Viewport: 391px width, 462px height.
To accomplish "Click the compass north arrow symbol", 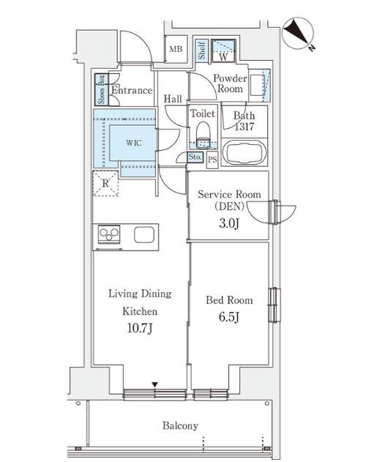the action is [x=298, y=34].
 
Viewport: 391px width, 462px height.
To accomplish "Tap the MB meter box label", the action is [x=176, y=49].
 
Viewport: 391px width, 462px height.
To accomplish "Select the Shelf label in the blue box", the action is [x=202, y=51].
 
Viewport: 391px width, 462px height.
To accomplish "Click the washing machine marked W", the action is [x=223, y=51].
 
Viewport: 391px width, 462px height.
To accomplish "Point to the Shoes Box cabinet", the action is [x=102, y=89].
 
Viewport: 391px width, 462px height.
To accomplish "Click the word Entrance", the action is [x=132, y=90].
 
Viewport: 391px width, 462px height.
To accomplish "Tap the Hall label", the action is [x=173, y=99].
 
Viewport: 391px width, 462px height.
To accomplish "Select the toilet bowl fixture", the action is [x=203, y=135].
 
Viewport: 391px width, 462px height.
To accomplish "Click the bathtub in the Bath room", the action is [x=245, y=153].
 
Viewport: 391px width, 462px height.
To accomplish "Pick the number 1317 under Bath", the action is [x=245, y=127].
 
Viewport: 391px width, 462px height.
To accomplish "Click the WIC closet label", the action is [x=134, y=144].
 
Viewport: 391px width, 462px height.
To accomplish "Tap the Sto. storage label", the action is [x=195, y=157].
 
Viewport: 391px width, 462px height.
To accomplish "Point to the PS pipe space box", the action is [x=212, y=160].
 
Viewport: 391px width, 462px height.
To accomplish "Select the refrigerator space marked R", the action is [x=105, y=183].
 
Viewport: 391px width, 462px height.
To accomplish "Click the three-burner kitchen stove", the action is [x=109, y=234].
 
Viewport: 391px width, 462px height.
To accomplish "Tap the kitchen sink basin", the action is [x=144, y=235].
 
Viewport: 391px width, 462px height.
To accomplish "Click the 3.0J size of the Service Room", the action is [x=229, y=223].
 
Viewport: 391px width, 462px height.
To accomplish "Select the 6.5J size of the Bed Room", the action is [x=229, y=317].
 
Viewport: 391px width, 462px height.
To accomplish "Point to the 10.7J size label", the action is [x=140, y=328].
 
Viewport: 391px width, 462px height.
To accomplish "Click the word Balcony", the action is [x=180, y=426].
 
